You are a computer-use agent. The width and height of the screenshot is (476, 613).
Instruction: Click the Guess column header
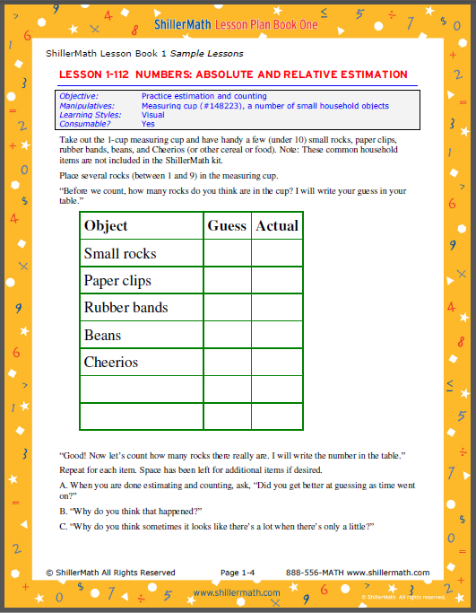(x=227, y=226)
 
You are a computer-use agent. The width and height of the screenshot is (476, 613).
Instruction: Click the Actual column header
(x=277, y=226)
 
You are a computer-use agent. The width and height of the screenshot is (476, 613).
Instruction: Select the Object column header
(x=106, y=226)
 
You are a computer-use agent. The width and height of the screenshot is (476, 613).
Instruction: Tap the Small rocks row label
(x=120, y=254)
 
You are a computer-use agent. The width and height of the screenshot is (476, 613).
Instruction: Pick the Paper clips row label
(x=117, y=281)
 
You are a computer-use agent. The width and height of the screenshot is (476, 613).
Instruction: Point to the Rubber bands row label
(x=126, y=308)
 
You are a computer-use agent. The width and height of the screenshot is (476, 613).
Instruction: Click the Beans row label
(x=102, y=336)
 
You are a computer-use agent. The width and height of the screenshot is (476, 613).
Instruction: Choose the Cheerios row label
(x=111, y=363)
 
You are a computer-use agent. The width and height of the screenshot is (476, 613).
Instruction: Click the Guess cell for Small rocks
(x=227, y=254)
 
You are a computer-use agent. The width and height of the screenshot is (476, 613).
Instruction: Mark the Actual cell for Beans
(x=277, y=336)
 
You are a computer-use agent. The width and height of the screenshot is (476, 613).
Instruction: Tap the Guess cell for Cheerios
(x=227, y=363)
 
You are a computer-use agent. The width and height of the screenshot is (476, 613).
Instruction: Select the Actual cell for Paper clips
(x=277, y=281)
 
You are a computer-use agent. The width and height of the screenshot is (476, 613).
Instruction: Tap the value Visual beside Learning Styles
(x=153, y=115)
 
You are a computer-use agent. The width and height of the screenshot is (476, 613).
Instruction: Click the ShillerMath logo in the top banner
(x=185, y=24)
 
